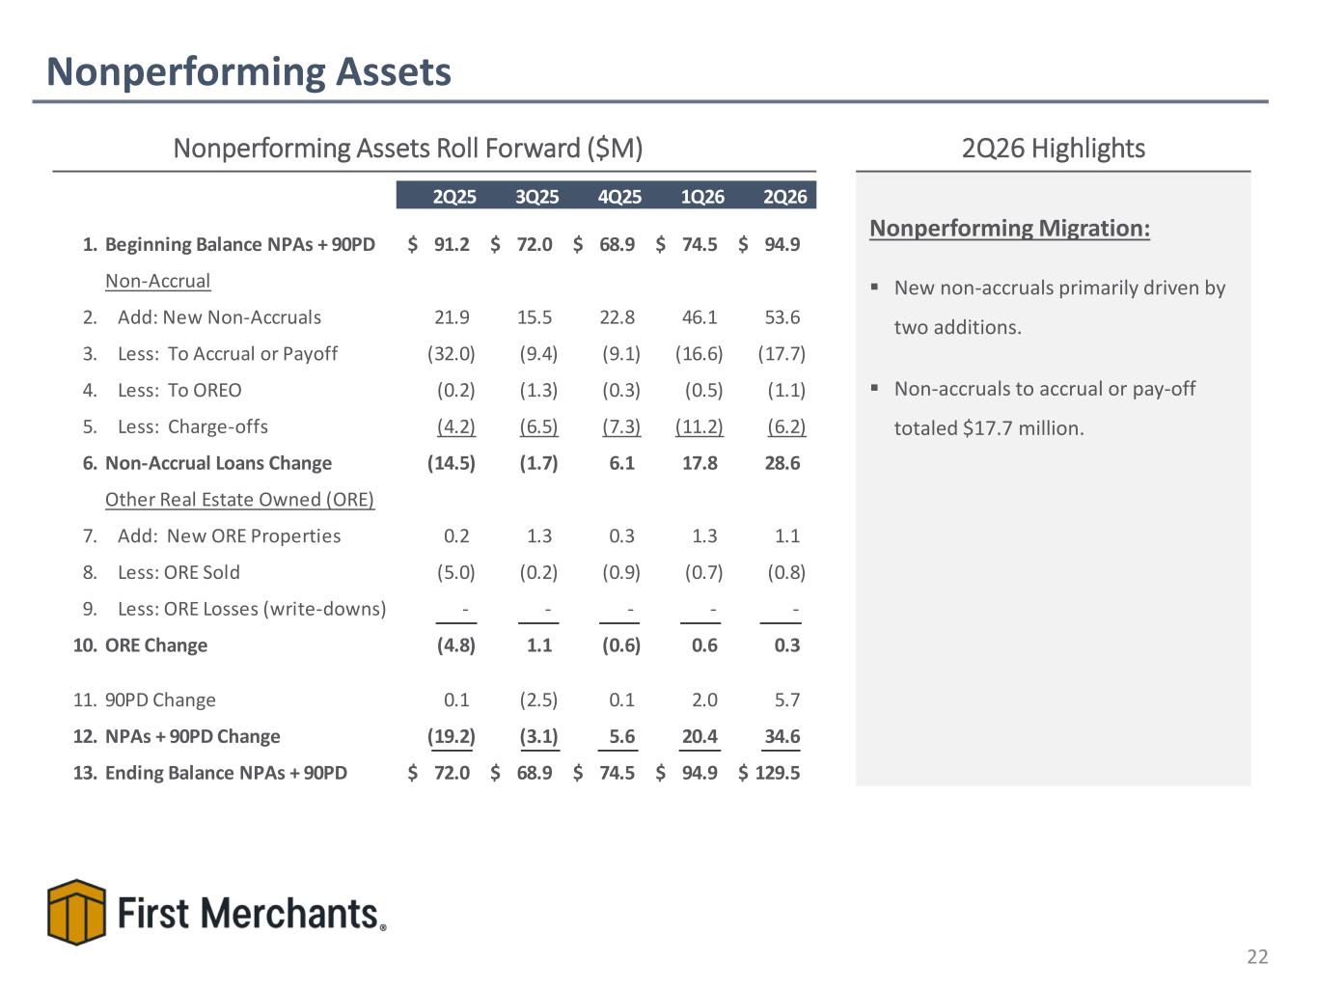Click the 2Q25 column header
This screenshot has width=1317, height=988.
454,196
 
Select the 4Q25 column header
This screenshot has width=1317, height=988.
619,196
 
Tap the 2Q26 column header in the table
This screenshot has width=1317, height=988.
784,196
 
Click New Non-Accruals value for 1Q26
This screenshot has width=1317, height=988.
699,316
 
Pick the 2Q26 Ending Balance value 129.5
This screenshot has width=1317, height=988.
777,772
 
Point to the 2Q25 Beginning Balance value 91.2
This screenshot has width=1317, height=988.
452,244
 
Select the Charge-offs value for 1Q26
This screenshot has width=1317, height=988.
699,426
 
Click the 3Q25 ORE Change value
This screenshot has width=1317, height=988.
538,645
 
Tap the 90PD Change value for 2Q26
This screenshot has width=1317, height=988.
786,700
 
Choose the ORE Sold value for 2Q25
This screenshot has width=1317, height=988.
455,572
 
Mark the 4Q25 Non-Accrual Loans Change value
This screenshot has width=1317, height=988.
621,462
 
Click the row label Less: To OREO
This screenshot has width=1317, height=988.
179,390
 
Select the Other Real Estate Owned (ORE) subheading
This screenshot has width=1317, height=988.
239,499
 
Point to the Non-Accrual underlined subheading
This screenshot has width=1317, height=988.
157,281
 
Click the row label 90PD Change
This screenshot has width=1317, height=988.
159,700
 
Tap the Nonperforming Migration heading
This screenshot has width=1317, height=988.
1009,228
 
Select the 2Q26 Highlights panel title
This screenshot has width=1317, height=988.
1053,148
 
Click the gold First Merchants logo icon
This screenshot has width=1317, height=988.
76,912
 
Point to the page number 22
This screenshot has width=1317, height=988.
1257,956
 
